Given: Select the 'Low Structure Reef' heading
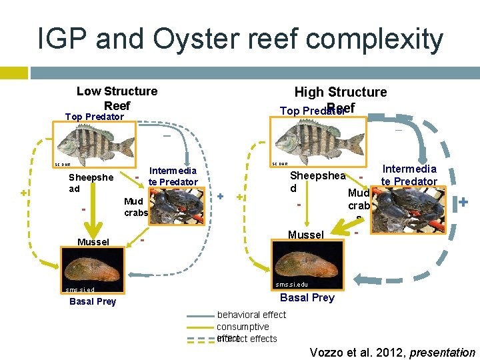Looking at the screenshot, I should coord(117,98).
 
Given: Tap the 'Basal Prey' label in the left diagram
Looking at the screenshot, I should coord(93,301).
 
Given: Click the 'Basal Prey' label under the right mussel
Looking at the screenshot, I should coord(307,297).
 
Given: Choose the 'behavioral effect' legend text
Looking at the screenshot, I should coord(251,315).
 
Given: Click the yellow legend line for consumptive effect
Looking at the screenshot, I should coord(201,327).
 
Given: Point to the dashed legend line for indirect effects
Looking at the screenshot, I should coord(201,339).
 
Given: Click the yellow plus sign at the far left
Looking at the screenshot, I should coord(24,193).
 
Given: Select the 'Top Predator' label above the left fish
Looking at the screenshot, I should coord(94,117).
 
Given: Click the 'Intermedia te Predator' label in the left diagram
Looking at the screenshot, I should coord(173,177).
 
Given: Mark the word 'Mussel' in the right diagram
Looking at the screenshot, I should coord(306,235).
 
